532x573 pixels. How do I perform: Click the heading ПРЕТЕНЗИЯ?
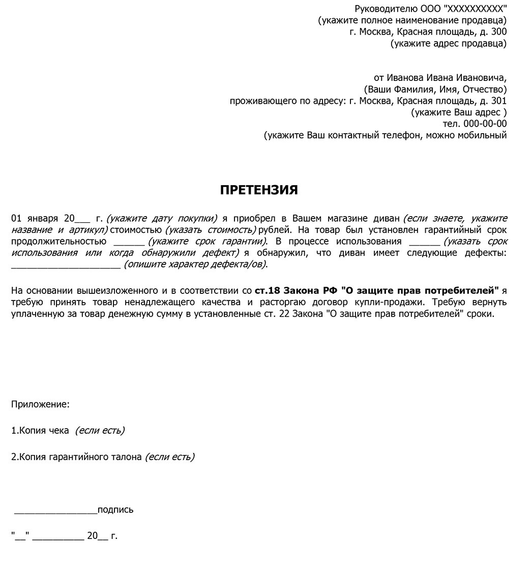[x=259, y=190]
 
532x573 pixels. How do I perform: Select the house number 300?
[x=499, y=32]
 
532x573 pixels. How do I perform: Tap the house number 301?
[x=499, y=101]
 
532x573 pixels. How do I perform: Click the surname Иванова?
[x=405, y=78]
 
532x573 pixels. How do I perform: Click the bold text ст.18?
[x=267, y=291]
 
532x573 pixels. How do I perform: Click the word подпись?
[x=115, y=510]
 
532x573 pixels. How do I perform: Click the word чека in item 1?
[x=58, y=431]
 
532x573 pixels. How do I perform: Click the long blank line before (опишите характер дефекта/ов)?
[x=66, y=265]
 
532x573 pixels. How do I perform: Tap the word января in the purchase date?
[x=42, y=219]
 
